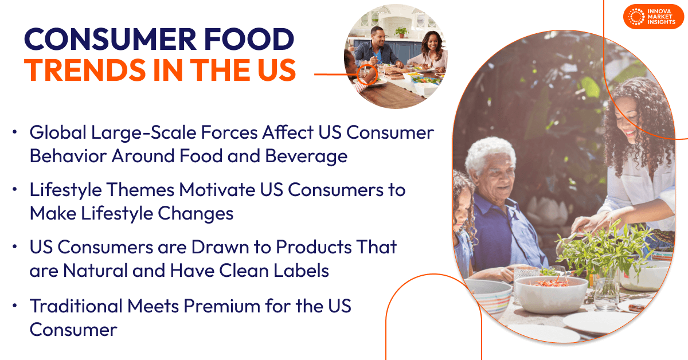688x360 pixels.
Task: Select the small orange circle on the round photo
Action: point(368,74)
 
